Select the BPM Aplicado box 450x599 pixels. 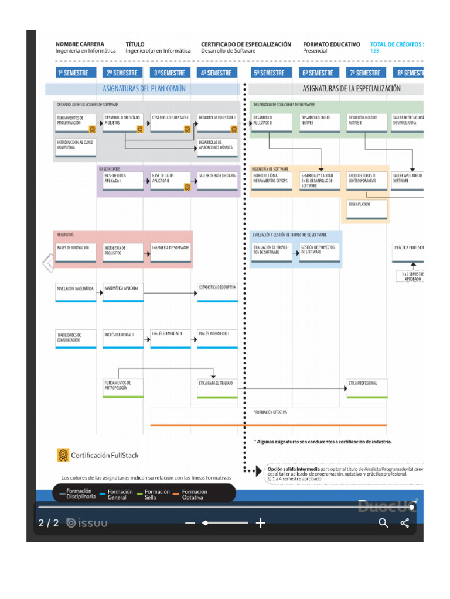(x=367, y=208)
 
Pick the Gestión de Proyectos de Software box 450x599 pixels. (x=320, y=252)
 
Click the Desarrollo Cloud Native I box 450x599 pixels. (x=320, y=121)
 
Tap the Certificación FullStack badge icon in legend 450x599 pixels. (x=63, y=455)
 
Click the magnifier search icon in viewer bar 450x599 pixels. (x=383, y=523)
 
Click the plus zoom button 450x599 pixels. (x=261, y=523)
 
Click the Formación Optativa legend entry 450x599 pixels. (x=194, y=495)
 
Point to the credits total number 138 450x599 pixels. (x=375, y=51)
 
